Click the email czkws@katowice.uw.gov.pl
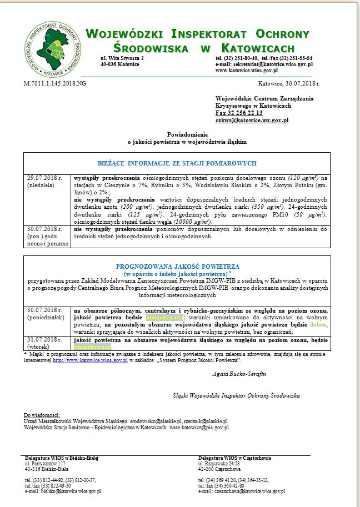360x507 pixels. (251, 120)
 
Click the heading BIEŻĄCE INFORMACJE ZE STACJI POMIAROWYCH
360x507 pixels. (177, 163)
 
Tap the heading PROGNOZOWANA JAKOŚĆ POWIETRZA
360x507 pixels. (177, 267)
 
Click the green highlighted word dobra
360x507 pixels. (318, 325)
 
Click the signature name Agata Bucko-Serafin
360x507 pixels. (239, 374)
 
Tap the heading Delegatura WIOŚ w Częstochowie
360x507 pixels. (234, 458)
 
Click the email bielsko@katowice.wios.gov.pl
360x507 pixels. (63, 491)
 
